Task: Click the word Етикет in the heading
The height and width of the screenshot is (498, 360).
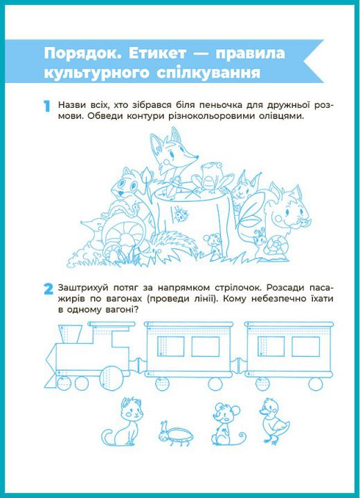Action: click(157, 54)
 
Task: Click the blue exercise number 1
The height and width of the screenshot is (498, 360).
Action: click(47, 107)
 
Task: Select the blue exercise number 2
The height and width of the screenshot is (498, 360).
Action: click(48, 289)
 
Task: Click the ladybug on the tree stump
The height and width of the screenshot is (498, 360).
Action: click(181, 215)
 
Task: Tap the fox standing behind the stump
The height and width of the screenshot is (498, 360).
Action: click(172, 156)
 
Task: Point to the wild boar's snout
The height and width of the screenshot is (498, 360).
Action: click(301, 221)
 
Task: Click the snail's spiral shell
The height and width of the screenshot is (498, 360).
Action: click(278, 246)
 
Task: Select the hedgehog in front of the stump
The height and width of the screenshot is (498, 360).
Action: click(171, 245)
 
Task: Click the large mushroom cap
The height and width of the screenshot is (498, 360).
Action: click(124, 230)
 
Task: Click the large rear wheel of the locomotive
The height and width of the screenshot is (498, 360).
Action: click(111, 377)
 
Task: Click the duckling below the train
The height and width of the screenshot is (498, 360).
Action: click(273, 421)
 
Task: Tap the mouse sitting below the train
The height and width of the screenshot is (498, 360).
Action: click(226, 424)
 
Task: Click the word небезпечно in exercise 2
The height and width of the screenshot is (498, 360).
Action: click(281, 299)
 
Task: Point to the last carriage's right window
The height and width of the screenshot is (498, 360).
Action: click(305, 347)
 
